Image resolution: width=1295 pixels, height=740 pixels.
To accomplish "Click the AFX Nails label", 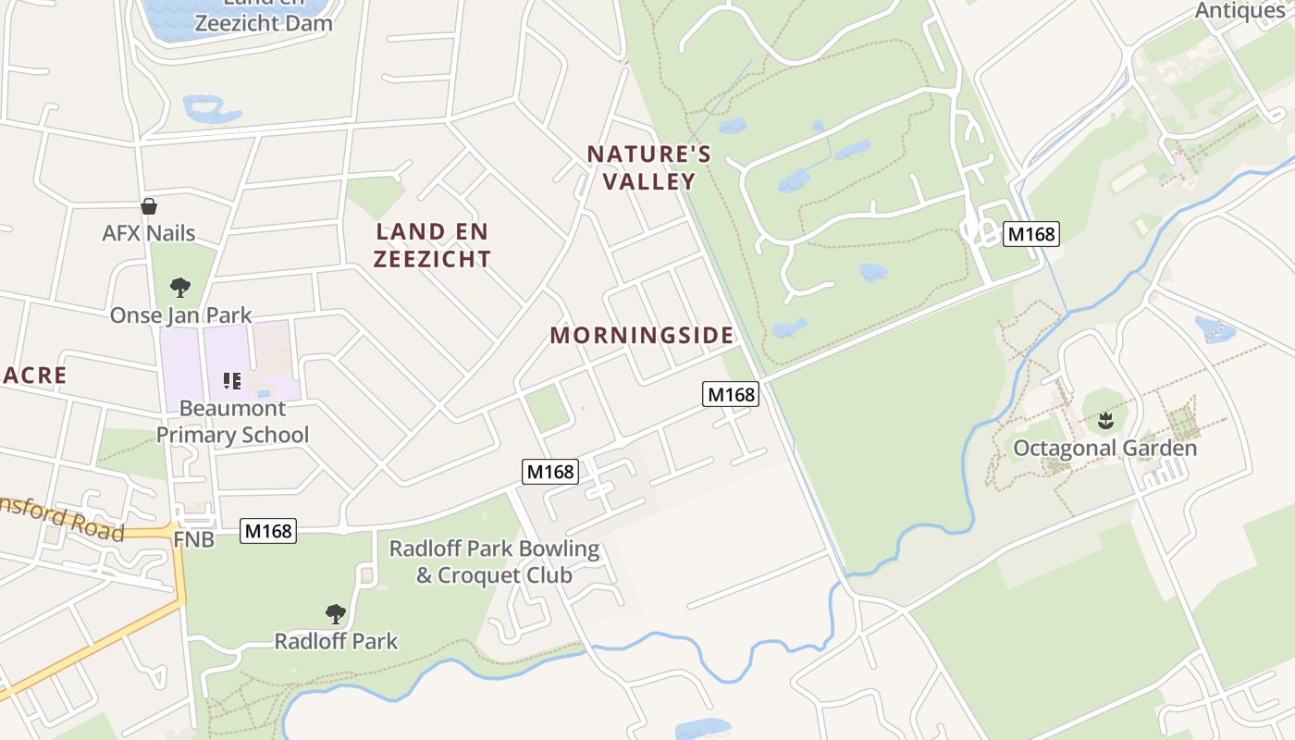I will click(x=149, y=233).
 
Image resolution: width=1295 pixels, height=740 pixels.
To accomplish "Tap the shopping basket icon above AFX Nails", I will click(x=148, y=206).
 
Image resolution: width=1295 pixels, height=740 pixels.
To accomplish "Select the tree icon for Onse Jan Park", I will click(x=180, y=288).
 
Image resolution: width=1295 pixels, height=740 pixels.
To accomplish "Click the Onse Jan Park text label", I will click(x=180, y=315).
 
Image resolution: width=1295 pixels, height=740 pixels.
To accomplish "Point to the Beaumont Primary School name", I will click(x=232, y=421).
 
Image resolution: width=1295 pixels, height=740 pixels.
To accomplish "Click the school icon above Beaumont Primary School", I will click(x=232, y=380).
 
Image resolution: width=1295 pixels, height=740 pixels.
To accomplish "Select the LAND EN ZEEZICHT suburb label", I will click(x=432, y=245).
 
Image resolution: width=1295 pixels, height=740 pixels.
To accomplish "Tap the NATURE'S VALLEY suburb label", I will click(x=649, y=167).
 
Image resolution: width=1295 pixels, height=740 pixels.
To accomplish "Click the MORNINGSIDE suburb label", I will click(x=642, y=335).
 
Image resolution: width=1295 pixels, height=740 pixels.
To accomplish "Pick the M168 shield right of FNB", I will click(x=268, y=531).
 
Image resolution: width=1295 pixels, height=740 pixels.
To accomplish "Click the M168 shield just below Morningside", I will click(x=731, y=395).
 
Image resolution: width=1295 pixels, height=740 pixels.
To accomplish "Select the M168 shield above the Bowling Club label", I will click(x=550, y=472).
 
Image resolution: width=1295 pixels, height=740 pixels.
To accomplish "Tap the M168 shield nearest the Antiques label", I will click(x=1031, y=234).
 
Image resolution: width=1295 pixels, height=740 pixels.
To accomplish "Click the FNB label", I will click(x=194, y=538).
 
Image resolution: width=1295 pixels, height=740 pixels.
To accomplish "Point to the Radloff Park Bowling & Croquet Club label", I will click(x=494, y=561).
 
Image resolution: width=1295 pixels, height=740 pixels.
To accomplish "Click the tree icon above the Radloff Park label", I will click(x=335, y=613).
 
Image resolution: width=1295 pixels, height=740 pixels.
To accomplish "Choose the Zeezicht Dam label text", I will click(x=265, y=22).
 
